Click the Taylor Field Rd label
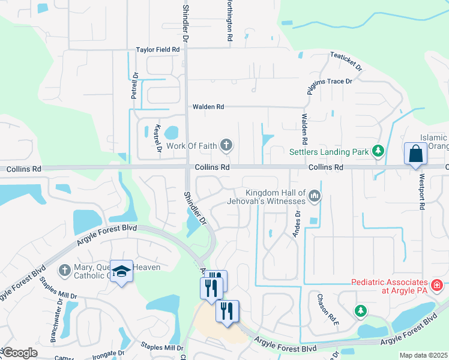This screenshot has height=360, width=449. [x=158, y=50]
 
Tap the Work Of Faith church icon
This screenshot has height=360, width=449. [x=226, y=145]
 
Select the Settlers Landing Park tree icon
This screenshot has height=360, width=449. [x=378, y=151]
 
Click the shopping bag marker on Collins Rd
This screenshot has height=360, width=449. [x=415, y=154]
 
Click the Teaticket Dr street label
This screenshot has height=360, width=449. [x=346, y=62]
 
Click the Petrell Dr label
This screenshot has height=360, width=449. [x=135, y=86]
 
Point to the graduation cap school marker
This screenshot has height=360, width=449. [x=121, y=271]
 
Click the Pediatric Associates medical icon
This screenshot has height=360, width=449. [x=436, y=284]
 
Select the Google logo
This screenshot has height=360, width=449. [x=19, y=353]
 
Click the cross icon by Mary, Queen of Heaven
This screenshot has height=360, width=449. [x=64, y=270]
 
